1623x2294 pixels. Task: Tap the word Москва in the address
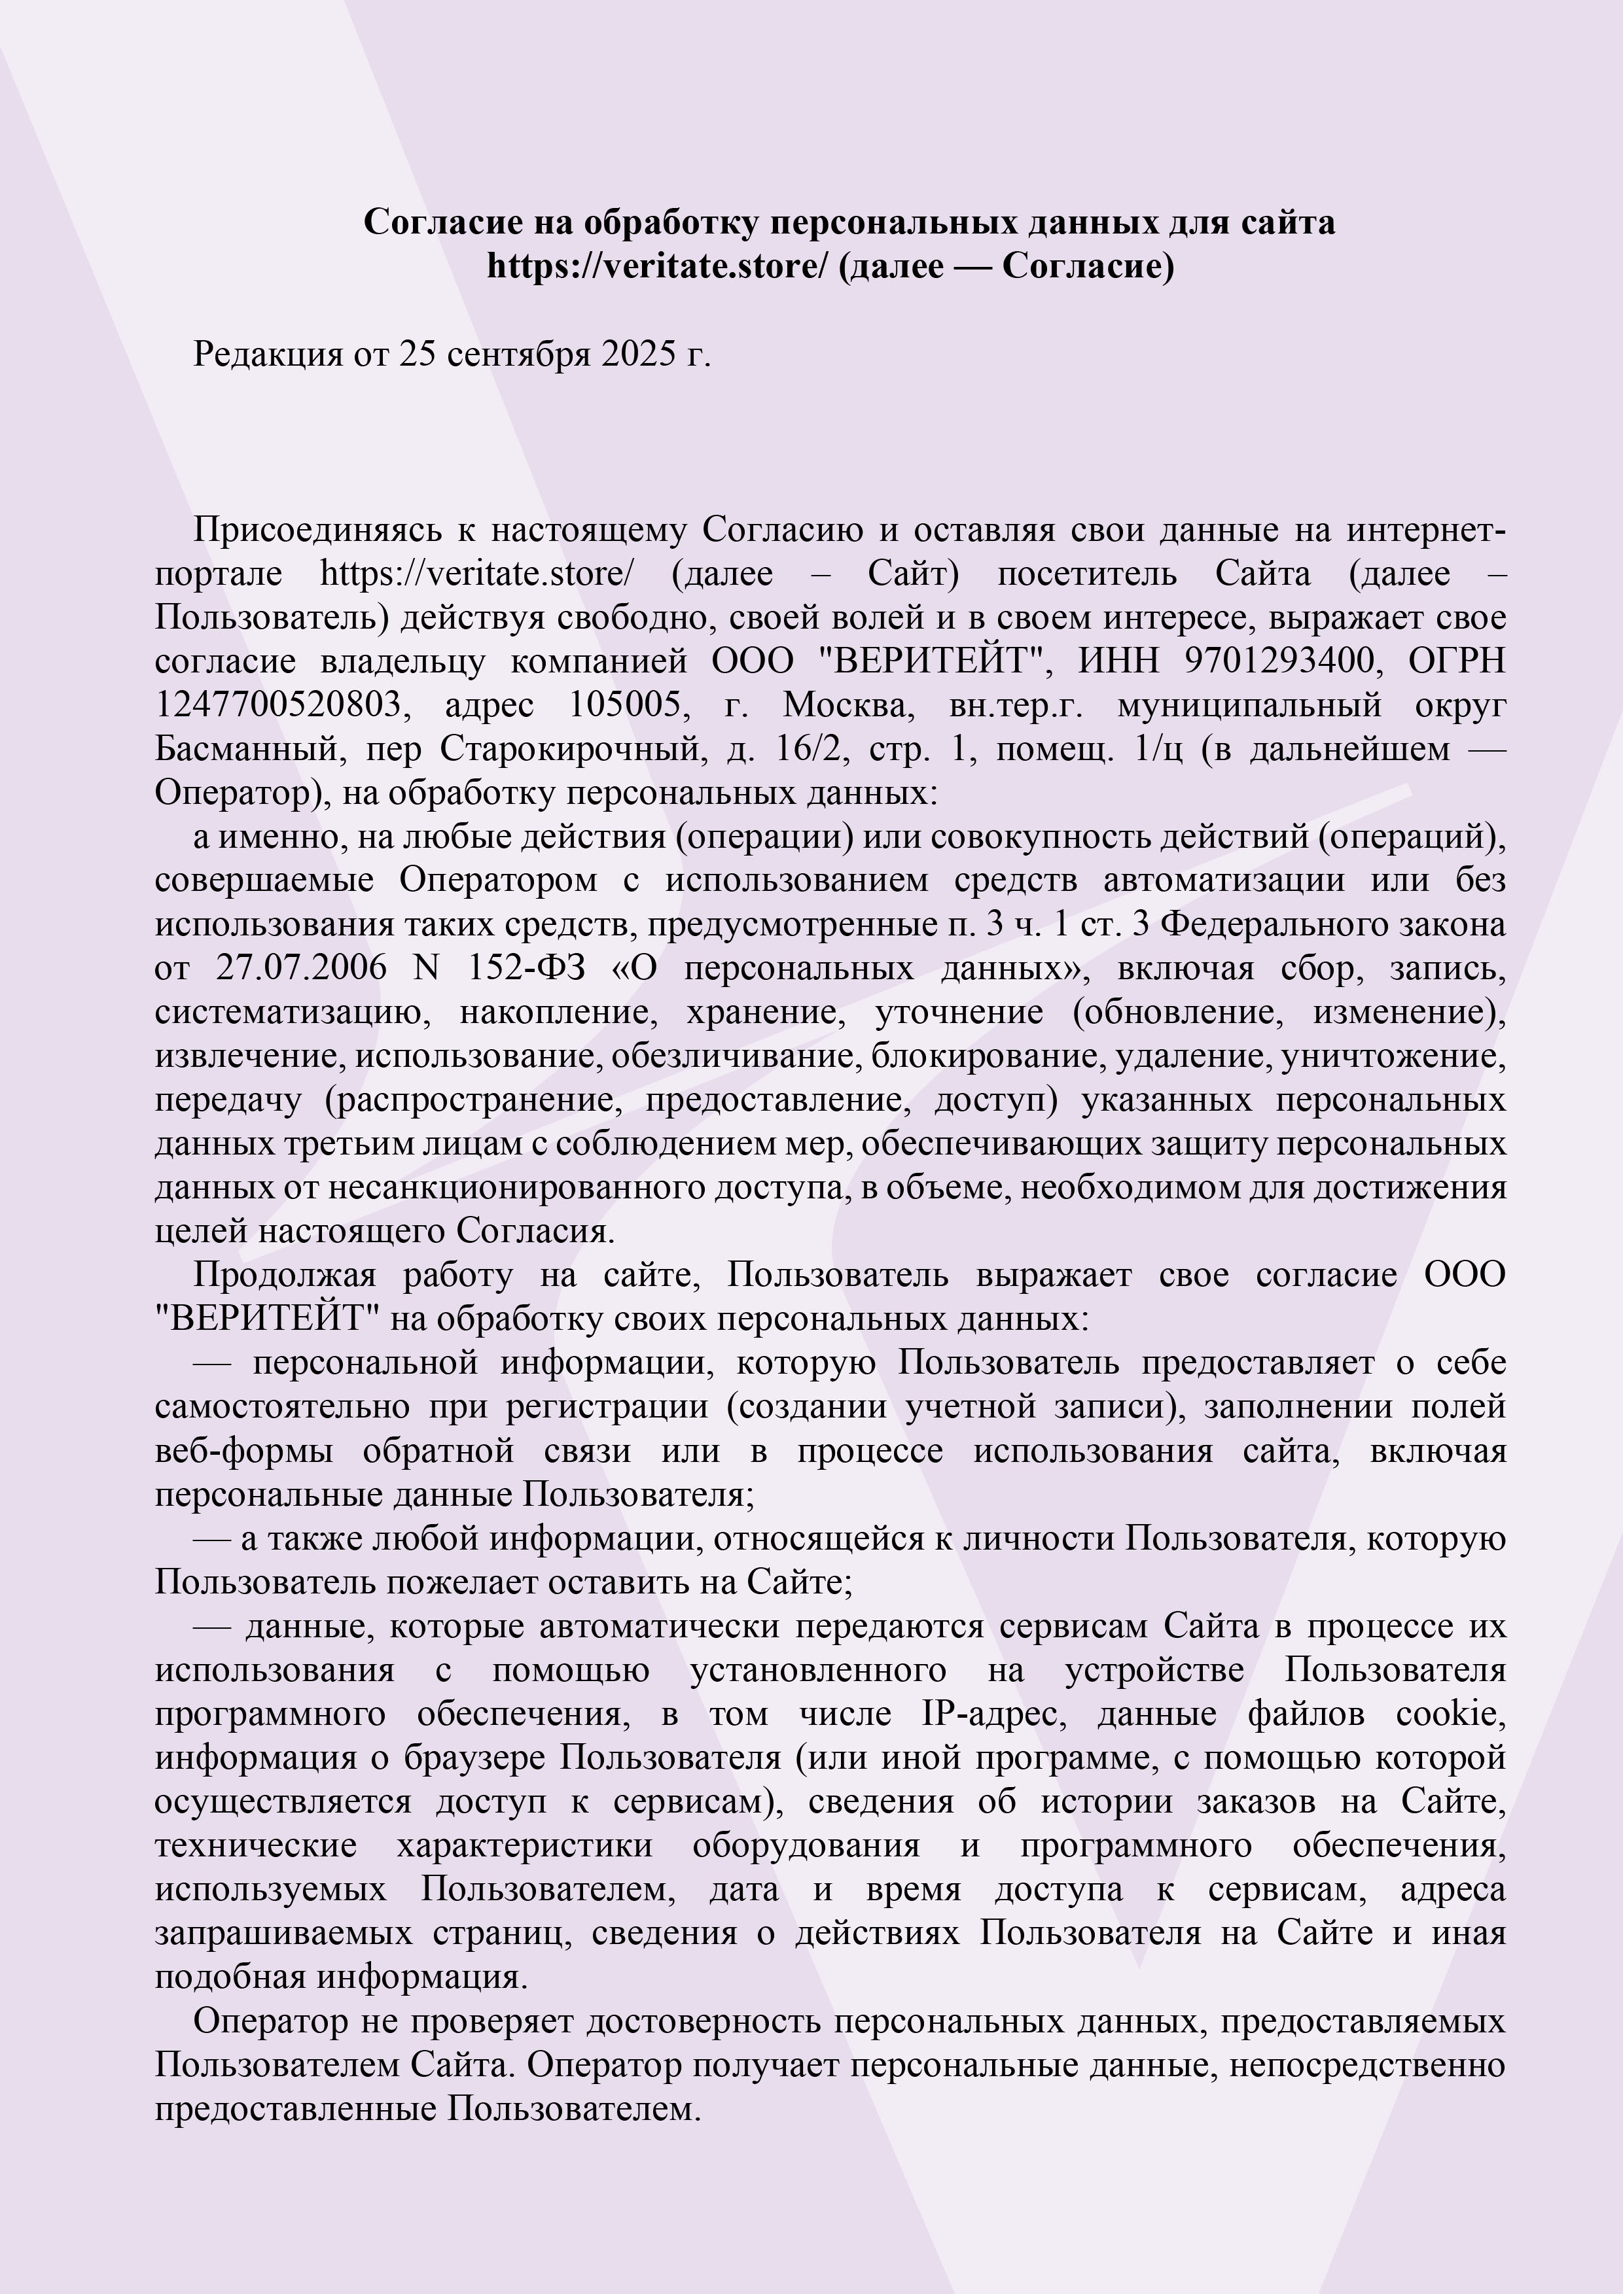pyautogui.click(x=849, y=705)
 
